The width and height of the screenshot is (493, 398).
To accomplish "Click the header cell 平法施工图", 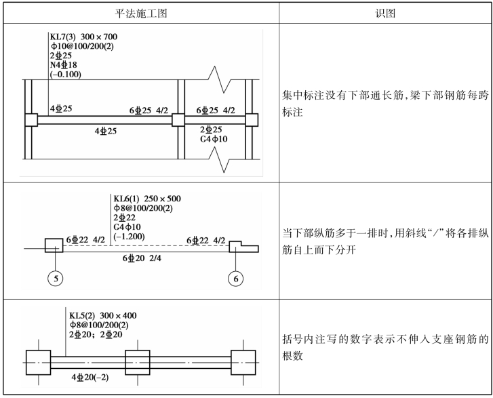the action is [x=140, y=13].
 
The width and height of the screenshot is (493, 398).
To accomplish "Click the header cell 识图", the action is [x=385, y=13].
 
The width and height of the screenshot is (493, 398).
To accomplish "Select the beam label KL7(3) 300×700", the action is [x=83, y=37].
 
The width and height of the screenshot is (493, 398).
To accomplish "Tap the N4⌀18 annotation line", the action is [x=64, y=65].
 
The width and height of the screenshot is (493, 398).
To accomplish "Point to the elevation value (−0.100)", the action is [x=65, y=75].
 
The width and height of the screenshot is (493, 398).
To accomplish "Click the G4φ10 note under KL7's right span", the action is [x=214, y=139].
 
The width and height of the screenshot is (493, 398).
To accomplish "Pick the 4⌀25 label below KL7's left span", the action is [x=106, y=131].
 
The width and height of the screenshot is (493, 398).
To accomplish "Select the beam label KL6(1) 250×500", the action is [x=147, y=199].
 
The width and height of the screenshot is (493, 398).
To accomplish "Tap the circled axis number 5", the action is [x=56, y=279].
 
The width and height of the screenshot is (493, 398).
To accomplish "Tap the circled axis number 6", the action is [x=236, y=279].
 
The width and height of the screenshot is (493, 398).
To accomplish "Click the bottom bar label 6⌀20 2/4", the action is [x=142, y=258].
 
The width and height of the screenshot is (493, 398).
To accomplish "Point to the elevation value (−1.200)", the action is [x=129, y=237].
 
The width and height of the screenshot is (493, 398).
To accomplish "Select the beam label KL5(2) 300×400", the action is [x=103, y=316].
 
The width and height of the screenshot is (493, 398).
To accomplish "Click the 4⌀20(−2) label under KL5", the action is [x=90, y=377].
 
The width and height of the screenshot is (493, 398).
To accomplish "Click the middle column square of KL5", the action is [x=138, y=363].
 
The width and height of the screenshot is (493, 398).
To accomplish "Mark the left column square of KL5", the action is [x=39, y=363].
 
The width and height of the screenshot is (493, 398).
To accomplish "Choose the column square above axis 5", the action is [x=54, y=245].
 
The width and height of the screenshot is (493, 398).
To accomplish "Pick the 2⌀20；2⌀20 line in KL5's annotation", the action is [x=96, y=334].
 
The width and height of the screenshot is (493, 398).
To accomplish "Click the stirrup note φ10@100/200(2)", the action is [x=82, y=46].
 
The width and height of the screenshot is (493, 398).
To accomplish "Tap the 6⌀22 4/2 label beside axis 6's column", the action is [x=206, y=241].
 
